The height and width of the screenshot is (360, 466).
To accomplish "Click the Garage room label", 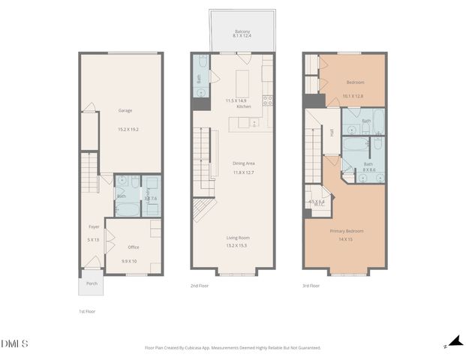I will pos(125,110).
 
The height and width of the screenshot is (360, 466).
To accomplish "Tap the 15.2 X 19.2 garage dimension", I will pos(128,128).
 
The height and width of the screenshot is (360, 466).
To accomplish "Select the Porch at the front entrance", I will pos(92,283).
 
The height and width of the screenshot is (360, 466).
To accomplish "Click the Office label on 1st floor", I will pos(133,247).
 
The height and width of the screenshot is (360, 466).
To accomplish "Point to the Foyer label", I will pos(94,226).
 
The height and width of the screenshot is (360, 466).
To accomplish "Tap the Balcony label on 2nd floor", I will pos(242,30).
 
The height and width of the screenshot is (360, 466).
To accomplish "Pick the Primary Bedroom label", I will pos(346,231).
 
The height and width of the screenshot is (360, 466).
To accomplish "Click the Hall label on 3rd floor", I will pos(332,132).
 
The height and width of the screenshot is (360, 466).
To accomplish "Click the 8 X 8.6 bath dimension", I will pos(368,171).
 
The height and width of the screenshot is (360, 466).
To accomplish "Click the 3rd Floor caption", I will pos(311,286).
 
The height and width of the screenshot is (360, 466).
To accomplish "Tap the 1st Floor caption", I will pos(87,310).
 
